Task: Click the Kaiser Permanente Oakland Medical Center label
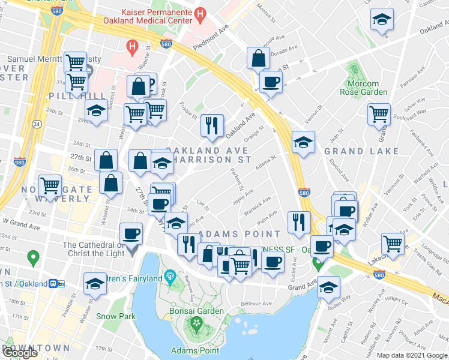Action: [155, 16]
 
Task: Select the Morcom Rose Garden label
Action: [364, 88]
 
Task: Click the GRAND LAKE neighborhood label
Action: [354, 152]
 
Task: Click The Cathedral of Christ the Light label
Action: [94, 248]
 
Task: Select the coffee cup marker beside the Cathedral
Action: [131, 233]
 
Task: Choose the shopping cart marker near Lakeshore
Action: [393, 244]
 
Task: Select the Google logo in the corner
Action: [19, 353]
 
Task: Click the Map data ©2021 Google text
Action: [411, 355]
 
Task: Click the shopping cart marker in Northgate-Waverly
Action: [50, 184]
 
